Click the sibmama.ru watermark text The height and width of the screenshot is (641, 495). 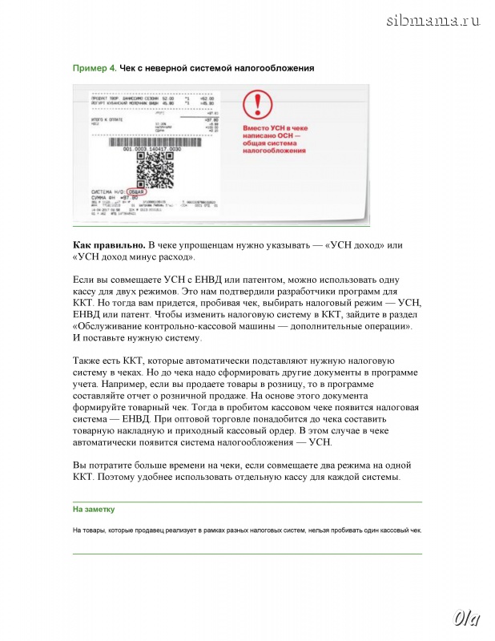click(x=433, y=20)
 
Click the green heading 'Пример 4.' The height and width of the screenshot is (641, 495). click(x=95, y=68)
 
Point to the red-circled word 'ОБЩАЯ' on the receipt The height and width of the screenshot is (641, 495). click(x=139, y=192)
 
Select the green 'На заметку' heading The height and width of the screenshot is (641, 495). click(x=94, y=509)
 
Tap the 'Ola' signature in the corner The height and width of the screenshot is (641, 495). click(x=465, y=618)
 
